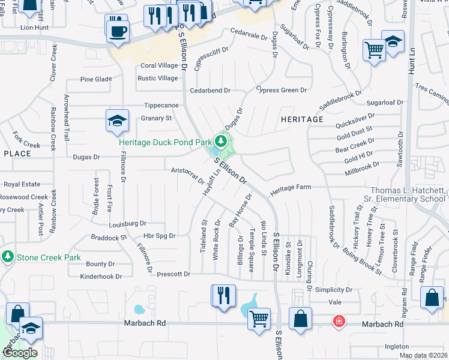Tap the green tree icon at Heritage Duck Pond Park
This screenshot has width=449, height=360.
(221, 142)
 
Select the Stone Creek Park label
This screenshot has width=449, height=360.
(49, 257)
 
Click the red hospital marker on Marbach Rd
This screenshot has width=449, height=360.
(339, 322)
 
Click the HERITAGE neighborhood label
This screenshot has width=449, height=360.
(302, 119)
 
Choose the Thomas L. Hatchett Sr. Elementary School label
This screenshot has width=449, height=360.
(408, 194)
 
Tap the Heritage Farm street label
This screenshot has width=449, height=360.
(290, 188)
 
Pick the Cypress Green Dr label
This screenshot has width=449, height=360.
(282, 91)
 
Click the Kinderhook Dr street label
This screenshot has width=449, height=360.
(101, 277)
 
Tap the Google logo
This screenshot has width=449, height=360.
(20, 353)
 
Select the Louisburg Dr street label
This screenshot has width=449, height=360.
(128, 224)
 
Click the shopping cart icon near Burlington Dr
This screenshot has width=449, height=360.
(374, 50)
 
